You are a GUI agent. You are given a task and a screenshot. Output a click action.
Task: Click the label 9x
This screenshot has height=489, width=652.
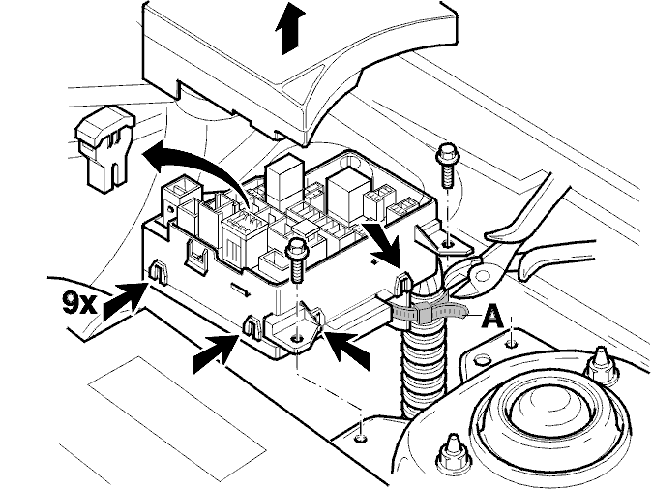point(79,302)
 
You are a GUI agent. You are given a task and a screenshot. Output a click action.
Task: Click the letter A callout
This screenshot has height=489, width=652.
point(492,316)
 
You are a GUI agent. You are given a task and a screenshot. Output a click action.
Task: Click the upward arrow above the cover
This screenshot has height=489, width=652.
point(290,27)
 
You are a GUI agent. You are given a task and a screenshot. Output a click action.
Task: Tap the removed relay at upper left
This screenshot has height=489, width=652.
point(104,148)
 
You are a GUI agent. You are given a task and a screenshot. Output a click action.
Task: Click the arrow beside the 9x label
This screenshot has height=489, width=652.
point(126,300)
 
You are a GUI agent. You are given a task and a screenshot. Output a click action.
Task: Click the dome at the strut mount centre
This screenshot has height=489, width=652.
point(537,406)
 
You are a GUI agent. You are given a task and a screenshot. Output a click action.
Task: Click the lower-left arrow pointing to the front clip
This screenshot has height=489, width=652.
point(217,352)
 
